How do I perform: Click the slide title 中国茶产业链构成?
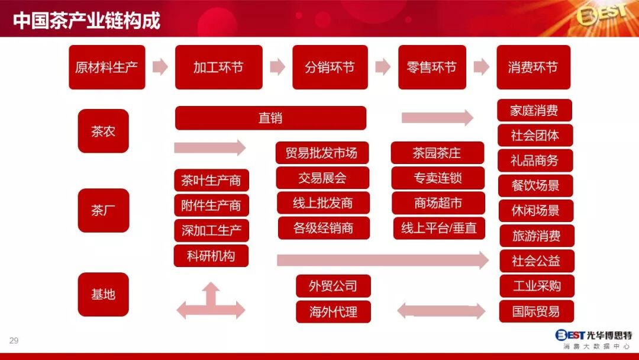point(86,21)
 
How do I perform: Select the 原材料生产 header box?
point(106,67)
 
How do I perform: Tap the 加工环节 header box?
point(218,67)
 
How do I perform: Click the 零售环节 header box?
point(432,67)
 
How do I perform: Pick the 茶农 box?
point(103,131)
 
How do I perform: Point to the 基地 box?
point(103,294)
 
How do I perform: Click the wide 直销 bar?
point(270,118)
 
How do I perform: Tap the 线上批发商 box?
point(323,203)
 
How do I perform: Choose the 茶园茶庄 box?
point(437,153)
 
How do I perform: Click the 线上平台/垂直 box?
point(438,228)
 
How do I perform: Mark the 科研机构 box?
point(211,256)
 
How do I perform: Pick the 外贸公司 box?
point(333,286)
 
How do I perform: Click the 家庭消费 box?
point(534,110)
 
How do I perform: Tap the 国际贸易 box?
point(536,311)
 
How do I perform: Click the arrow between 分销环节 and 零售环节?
point(383,67)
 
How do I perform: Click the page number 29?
point(14,340)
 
